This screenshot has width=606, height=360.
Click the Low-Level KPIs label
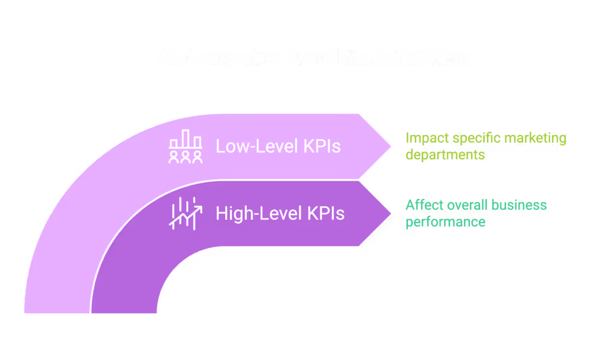click(x=278, y=146)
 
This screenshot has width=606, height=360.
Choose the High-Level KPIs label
click(x=280, y=213)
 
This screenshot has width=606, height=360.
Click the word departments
click(x=445, y=155)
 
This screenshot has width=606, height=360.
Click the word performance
click(x=446, y=222)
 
